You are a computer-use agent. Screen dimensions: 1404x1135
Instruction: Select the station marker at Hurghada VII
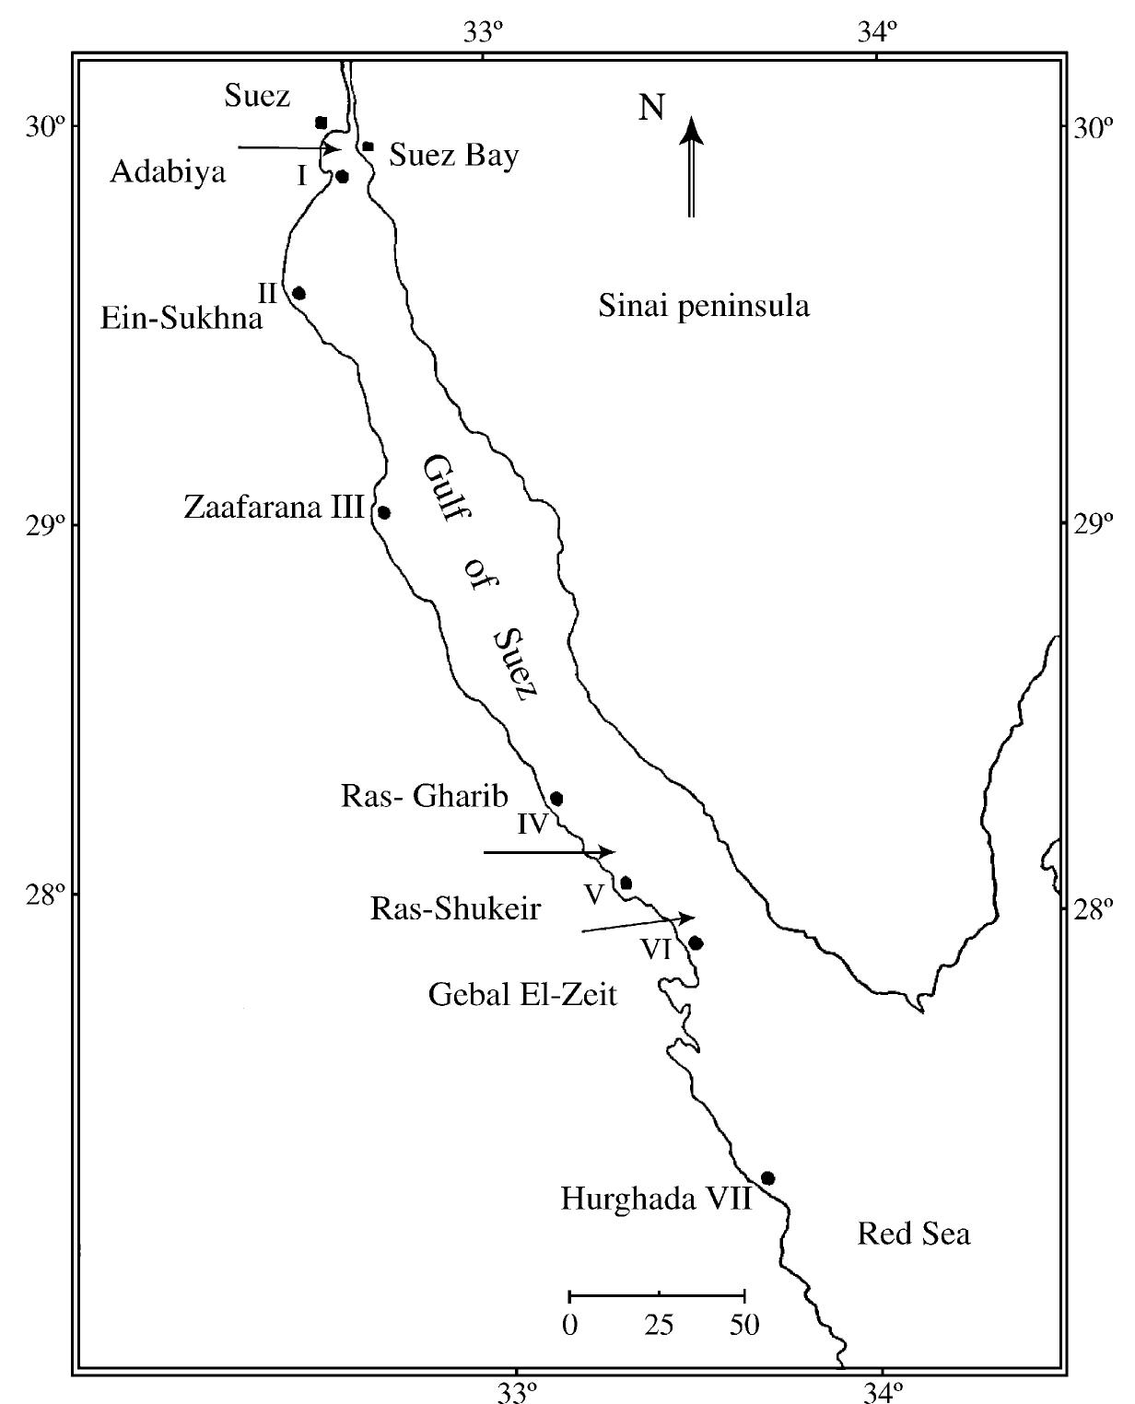coord(767,1178)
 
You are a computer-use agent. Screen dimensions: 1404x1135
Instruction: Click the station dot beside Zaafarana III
coord(384,512)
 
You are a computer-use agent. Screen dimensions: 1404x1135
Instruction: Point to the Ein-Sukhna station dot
coord(298,293)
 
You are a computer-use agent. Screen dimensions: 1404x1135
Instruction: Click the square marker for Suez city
coord(321,123)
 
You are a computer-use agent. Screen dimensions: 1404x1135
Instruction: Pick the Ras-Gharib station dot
coord(556,798)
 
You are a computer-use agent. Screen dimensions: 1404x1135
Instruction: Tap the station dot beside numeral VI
coord(696,942)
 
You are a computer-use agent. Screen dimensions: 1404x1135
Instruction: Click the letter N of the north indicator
coord(652,108)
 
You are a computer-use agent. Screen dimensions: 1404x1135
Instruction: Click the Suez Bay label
coord(453,155)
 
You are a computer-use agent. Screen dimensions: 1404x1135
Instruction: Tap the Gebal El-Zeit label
coord(522,994)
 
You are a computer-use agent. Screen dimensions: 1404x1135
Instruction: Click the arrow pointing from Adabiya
coord(289,147)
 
